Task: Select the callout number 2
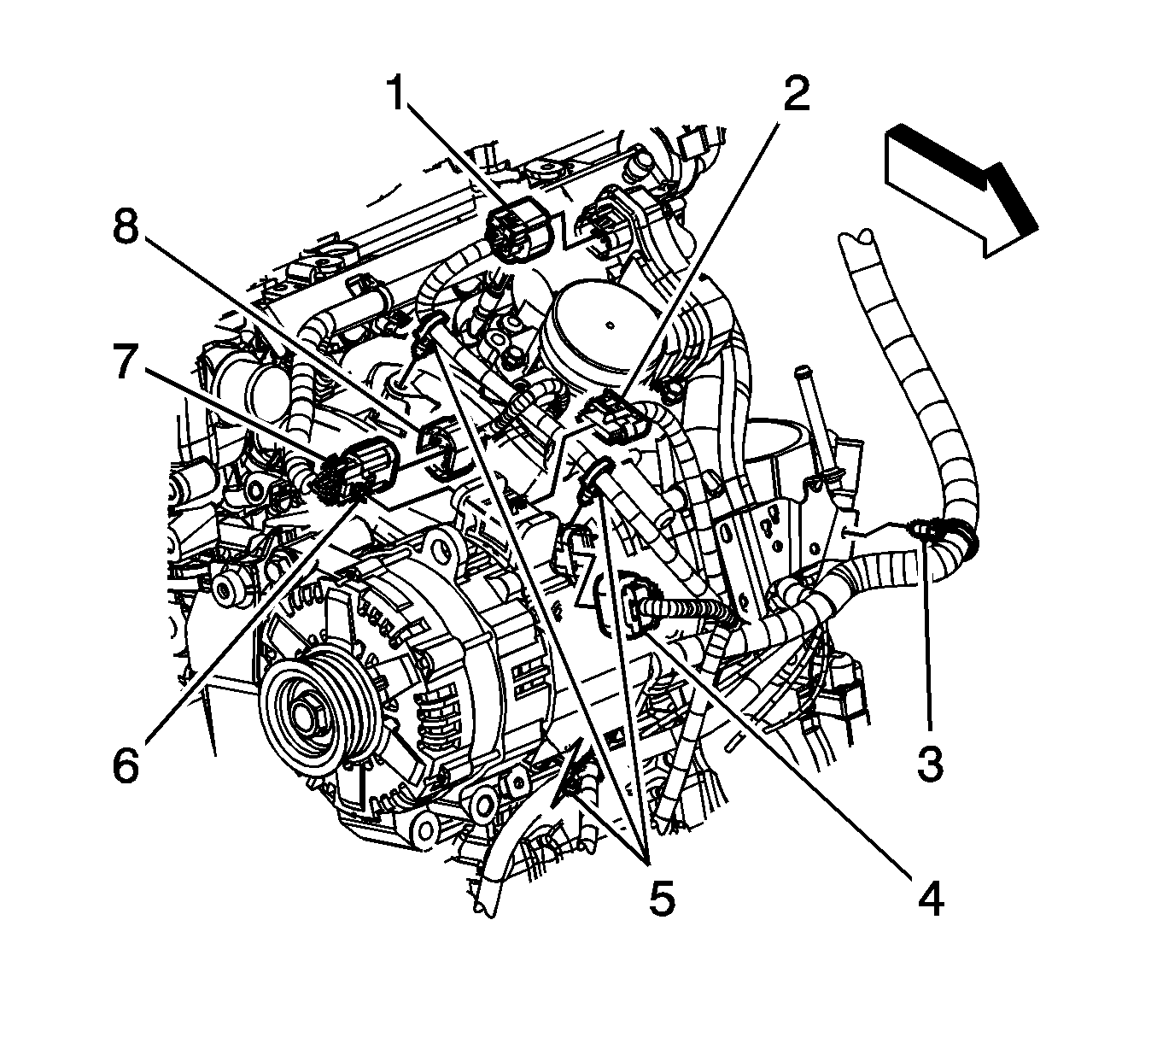point(796,93)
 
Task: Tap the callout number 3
point(931,764)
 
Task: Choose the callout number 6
point(126,764)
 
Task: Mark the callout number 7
point(126,362)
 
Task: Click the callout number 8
point(126,227)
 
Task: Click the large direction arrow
point(962,190)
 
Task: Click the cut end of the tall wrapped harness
point(857,237)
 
